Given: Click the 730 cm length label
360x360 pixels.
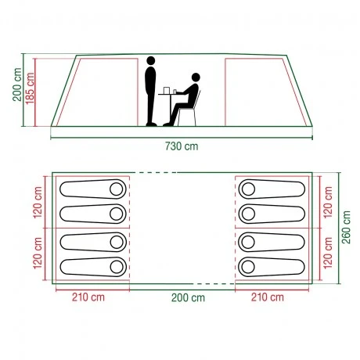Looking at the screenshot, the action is (182, 146).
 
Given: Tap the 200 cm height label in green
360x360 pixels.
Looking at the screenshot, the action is (17, 85).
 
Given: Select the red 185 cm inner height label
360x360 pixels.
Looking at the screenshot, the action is (30, 88).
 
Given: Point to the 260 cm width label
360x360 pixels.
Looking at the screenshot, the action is (346, 227).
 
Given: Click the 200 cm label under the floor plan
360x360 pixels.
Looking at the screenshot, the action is (188, 297).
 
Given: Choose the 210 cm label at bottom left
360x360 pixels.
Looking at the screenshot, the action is (88, 297).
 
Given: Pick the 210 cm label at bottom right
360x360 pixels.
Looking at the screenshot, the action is (268, 297).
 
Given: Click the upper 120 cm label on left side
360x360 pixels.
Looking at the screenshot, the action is (38, 203).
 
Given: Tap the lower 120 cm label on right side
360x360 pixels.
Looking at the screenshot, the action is (328, 253).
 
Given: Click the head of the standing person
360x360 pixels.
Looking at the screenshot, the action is (151, 60).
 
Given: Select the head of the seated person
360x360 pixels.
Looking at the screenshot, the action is (196, 77).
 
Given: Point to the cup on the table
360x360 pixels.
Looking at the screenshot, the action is (166, 90).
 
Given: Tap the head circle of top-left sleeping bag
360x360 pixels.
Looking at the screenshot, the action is (117, 189).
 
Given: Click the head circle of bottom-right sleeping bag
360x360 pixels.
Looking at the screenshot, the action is (248, 267).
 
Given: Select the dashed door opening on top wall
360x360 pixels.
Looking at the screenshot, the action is (156, 172).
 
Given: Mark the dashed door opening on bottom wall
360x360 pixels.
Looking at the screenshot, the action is (214, 283).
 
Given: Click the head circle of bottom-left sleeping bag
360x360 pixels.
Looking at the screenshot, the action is (117, 267).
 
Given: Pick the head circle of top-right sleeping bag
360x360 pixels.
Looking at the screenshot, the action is (248, 189).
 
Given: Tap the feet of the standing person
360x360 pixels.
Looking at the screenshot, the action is (151, 124).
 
